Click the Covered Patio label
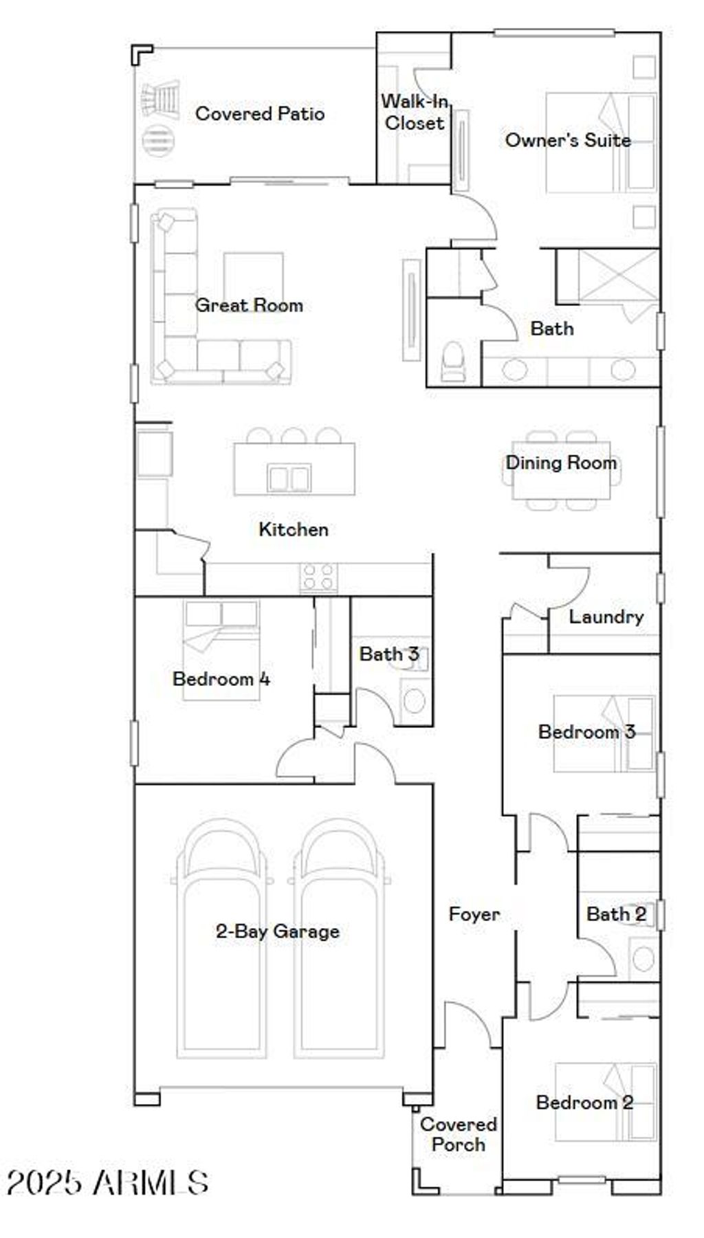coord(259,113)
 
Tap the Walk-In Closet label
coord(415,112)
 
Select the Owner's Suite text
coord(568,140)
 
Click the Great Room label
coord(249,305)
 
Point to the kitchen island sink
coord(289,477)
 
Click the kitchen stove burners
coord(318,577)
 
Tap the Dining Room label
coord(561,463)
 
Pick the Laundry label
coord(606,617)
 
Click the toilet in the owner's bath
coord(453,360)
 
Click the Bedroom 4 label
coord(221,679)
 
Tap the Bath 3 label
coord(388,654)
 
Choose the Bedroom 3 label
coord(586,732)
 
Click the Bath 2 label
coord(616,914)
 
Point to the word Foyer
coord(474,914)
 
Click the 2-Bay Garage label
coord(277,931)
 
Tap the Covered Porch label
coord(458,1134)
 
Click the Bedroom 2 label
coord(584,1103)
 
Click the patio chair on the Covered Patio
coord(161,100)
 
